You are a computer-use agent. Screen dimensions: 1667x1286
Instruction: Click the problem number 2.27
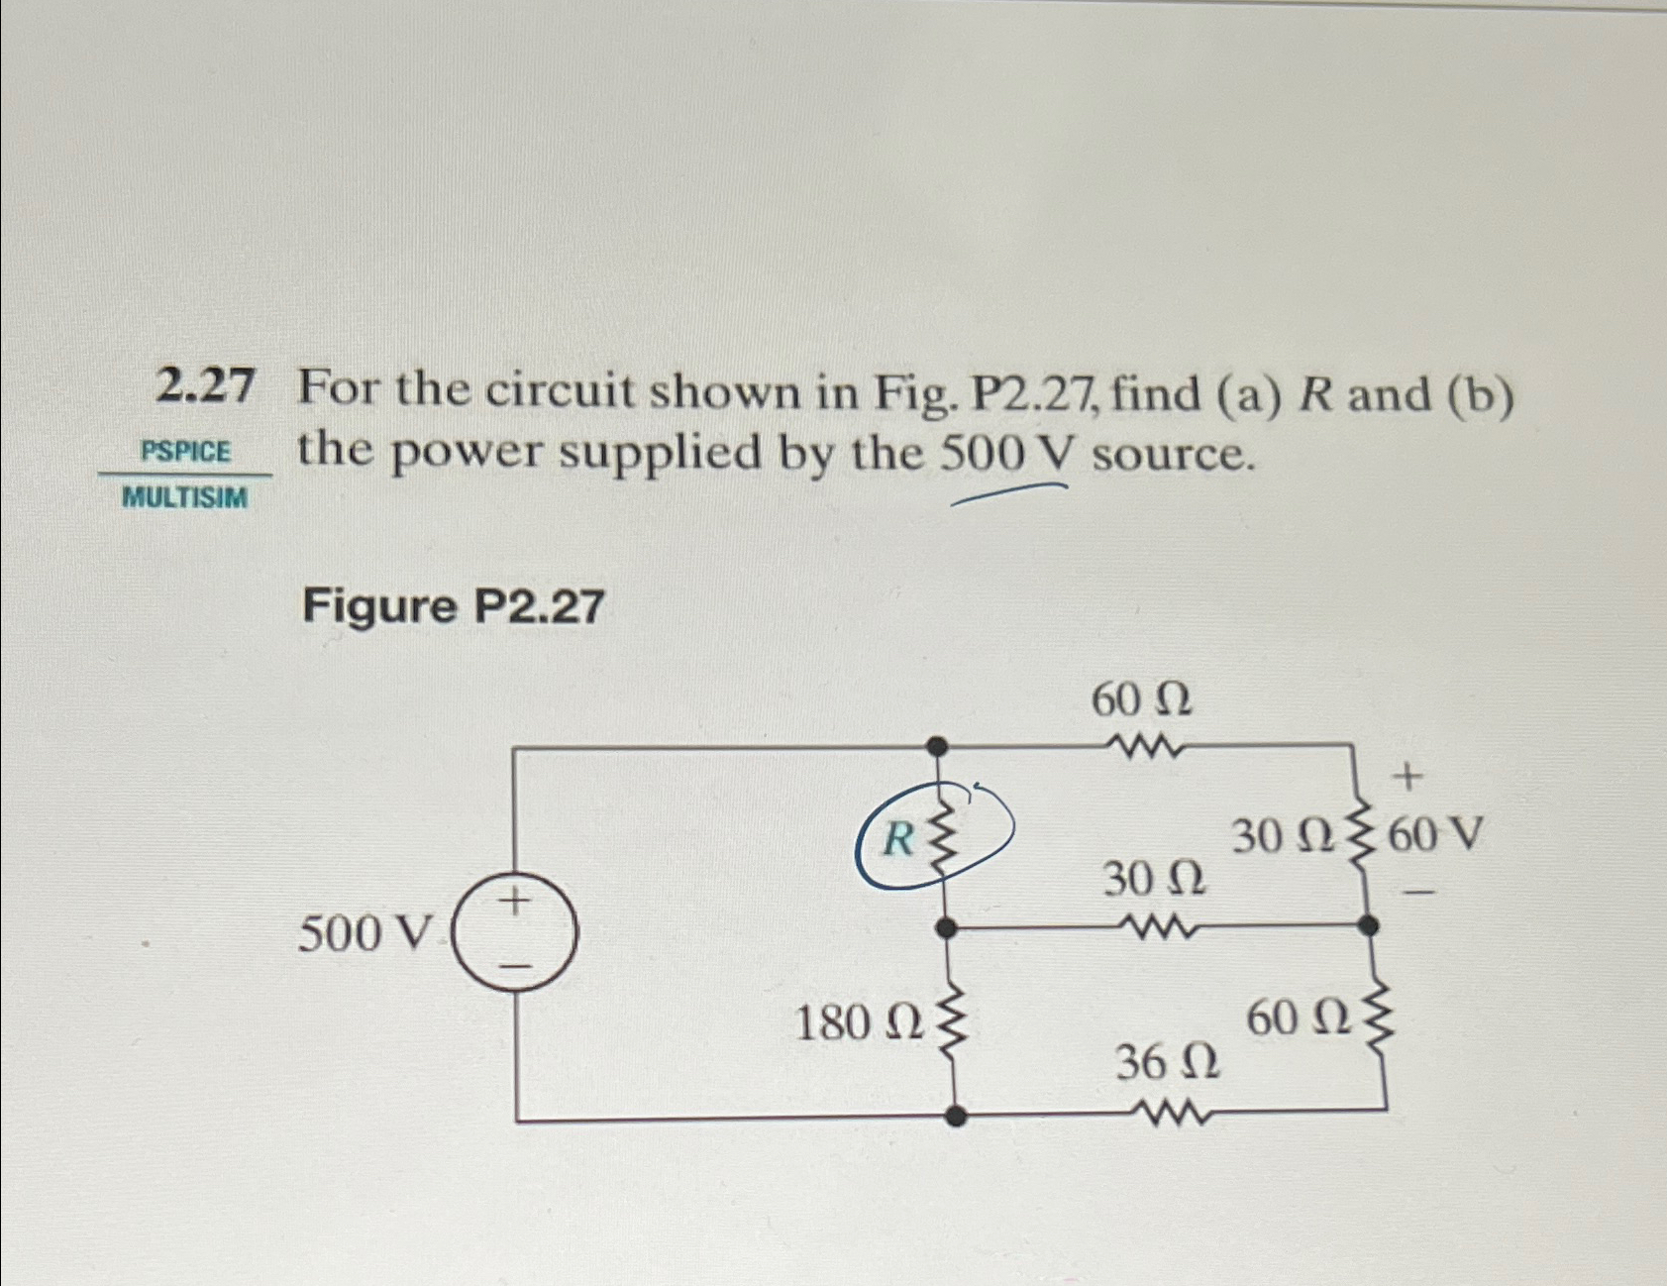tap(205, 387)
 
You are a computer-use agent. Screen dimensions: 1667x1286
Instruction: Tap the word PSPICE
tap(186, 453)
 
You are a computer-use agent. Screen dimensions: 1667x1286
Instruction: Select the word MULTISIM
tap(185, 497)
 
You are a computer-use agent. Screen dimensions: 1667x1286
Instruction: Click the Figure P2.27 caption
tap(453, 605)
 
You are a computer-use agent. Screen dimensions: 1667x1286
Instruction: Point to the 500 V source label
tap(366, 932)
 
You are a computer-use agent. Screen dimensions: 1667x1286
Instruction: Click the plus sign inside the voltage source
tap(514, 901)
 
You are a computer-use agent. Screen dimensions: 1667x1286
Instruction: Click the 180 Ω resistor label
tap(858, 1024)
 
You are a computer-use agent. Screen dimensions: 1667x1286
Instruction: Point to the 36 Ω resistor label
tap(1169, 1064)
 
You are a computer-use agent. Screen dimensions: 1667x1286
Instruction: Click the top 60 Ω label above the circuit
tap(1142, 701)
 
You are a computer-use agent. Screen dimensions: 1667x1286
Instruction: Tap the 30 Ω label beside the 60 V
tap(1278, 838)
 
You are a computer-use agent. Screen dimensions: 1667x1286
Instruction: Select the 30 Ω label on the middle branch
tap(1155, 879)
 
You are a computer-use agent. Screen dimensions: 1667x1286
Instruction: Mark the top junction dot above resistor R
tap(937, 745)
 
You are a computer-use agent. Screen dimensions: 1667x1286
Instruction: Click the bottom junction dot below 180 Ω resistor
tap(954, 1117)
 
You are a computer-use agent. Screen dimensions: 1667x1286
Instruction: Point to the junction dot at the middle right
tap(1368, 926)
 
